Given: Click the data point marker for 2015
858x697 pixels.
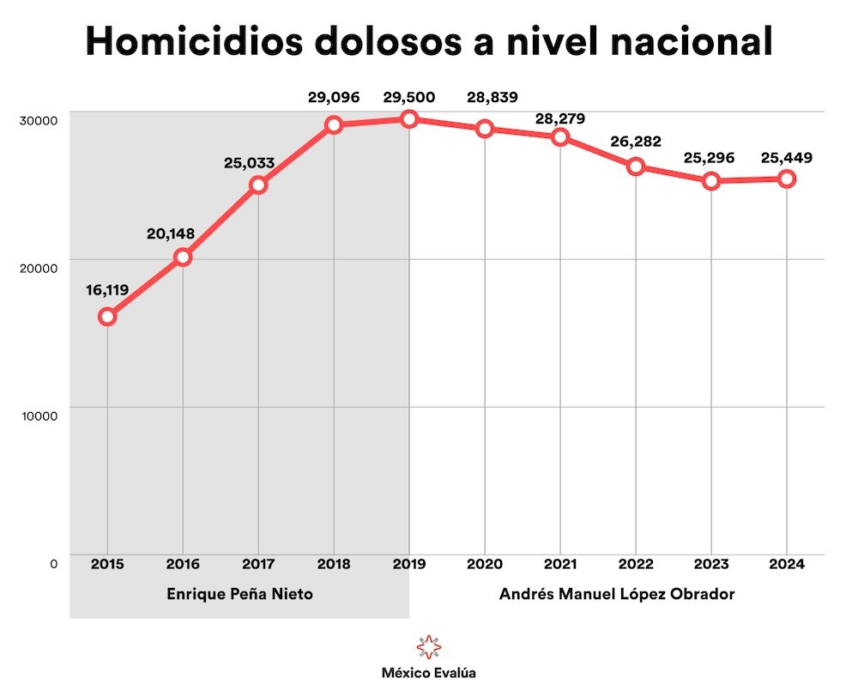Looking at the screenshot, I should tap(107, 317).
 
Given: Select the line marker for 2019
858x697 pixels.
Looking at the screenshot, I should tap(409, 119).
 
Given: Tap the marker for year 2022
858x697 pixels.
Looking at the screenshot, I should tap(636, 167).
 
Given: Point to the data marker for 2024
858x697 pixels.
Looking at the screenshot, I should tap(786, 179).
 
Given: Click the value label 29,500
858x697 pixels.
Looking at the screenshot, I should tap(409, 97).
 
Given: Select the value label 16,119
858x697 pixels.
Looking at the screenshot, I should tap(107, 290).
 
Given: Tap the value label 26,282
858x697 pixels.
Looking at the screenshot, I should tap(636, 142).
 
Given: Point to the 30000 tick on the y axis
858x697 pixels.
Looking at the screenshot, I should tap(39, 119).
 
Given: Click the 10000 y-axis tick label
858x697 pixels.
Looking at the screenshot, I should tap(39, 415).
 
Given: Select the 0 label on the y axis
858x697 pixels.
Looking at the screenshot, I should tap(53, 564).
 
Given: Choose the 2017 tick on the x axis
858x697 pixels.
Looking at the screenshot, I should tap(258, 564).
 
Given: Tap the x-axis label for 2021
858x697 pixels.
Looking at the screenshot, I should tap(560, 564).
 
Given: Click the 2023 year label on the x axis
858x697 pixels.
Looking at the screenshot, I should tap(711, 564).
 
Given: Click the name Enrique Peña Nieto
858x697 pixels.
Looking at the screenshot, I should tap(239, 594).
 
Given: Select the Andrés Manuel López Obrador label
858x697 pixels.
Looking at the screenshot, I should tap(617, 594).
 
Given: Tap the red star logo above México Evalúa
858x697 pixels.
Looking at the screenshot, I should tap(428, 646).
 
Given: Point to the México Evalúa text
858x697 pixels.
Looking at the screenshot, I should tap(428, 674).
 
